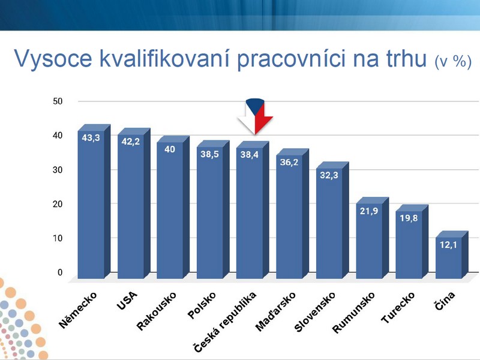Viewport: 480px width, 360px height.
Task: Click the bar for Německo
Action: pos(94,202)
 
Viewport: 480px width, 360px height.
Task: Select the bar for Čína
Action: pos(452,254)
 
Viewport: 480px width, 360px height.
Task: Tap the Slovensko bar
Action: pos(332,220)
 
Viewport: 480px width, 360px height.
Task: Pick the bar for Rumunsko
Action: pos(372,238)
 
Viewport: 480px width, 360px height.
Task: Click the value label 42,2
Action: pos(130,142)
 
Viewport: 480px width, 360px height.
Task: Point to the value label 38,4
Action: pos(249,155)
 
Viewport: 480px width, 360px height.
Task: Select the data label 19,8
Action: pos(409,218)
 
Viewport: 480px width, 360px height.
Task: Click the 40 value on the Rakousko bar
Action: pos(170,149)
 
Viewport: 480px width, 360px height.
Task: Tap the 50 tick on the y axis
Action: pos(58,101)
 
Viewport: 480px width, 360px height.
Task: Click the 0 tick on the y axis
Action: pos(60,272)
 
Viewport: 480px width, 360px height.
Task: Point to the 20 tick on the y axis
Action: pos(58,204)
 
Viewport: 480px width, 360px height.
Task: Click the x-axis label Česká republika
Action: pos(225,322)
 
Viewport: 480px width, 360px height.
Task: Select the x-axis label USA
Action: pos(127,301)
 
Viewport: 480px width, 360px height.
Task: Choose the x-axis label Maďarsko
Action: pos(275,311)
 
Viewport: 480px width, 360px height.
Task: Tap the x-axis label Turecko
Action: pos(398,307)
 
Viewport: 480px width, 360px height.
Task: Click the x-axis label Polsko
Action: pos(202,305)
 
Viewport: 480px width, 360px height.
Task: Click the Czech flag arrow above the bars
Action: pos(255,116)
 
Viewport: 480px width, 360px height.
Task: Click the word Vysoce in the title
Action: pos(53,58)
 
